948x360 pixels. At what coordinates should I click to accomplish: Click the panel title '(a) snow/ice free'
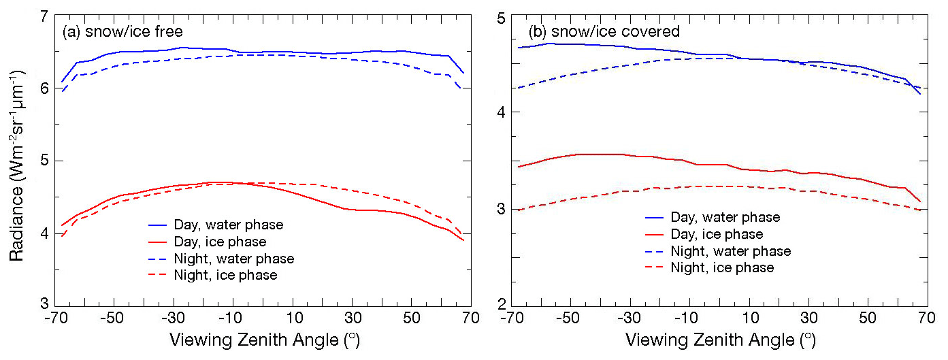[x=122, y=31]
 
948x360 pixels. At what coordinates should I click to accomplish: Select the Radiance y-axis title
[x=16, y=160]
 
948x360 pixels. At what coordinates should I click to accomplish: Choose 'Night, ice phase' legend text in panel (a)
[x=235, y=276]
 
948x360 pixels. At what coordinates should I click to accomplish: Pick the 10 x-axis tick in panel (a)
[x=292, y=318]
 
